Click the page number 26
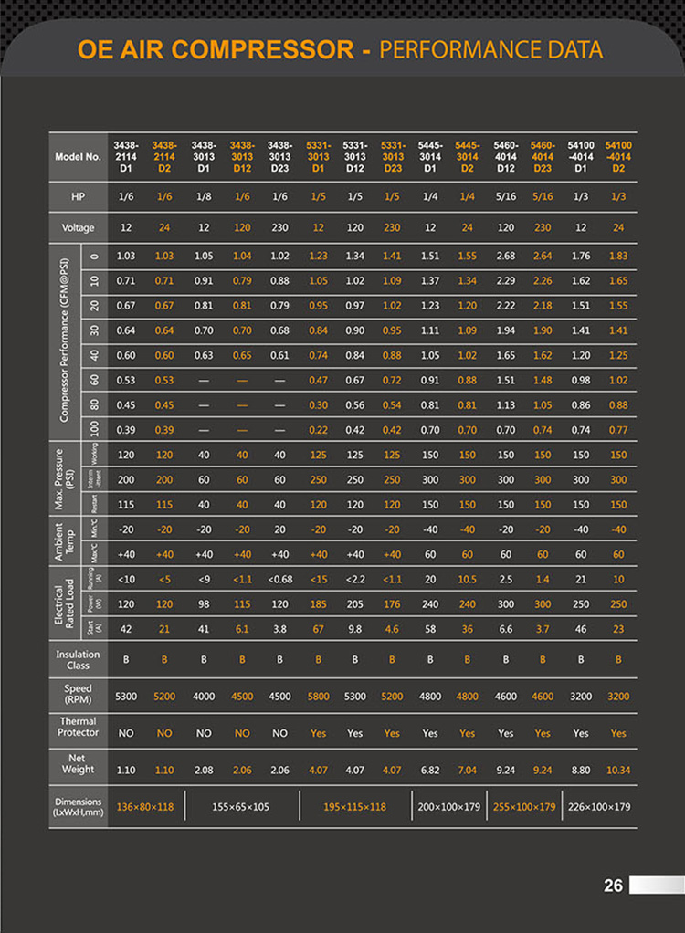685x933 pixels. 613,886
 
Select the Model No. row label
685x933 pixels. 79,156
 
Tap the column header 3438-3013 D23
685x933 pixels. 279,156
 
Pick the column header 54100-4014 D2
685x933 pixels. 618,156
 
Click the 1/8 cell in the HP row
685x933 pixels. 204,197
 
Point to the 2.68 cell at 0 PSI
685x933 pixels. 506,256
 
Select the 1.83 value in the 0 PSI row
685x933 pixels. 618,256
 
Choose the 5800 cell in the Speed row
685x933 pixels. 318,696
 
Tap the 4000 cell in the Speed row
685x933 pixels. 204,696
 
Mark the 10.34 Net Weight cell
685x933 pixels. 618,770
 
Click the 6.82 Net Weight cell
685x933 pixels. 430,770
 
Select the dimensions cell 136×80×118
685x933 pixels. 145,807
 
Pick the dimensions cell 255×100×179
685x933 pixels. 524,807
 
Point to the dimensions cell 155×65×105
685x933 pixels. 241,807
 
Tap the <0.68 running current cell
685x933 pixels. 279,579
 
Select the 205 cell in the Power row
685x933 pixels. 355,603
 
